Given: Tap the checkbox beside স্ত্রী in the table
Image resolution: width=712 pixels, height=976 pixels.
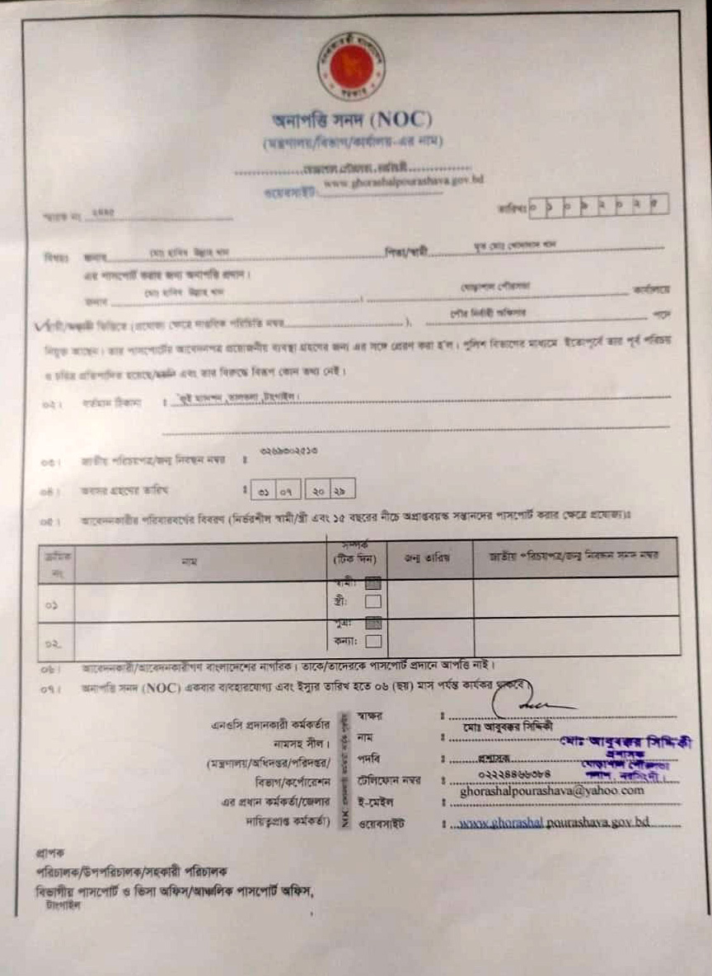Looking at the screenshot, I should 372,600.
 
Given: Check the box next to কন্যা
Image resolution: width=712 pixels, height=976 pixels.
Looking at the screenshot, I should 372,641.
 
